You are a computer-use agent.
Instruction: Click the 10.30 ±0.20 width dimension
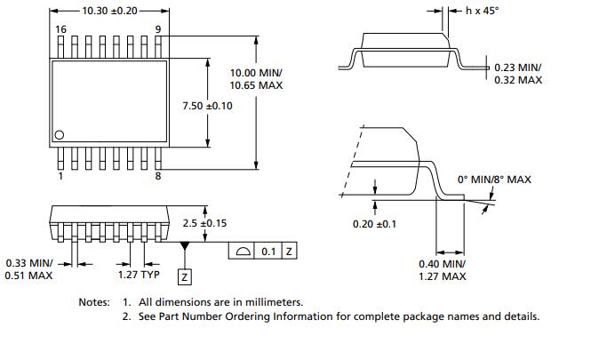(109, 11)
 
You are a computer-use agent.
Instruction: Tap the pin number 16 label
(60, 29)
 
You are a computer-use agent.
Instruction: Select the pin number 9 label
(157, 29)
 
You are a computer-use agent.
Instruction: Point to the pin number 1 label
(60, 176)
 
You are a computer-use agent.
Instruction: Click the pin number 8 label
(157, 176)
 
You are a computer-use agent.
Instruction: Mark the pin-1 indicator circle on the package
(60, 135)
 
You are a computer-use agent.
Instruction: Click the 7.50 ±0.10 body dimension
(207, 105)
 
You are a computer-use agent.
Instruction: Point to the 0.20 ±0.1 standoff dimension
(374, 223)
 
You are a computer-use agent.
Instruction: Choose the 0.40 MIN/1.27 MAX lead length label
(442, 270)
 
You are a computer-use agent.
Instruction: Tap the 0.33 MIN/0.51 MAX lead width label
(29, 269)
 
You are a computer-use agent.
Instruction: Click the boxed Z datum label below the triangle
(184, 277)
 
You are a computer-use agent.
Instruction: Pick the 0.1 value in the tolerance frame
(268, 252)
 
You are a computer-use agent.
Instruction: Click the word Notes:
(94, 302)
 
